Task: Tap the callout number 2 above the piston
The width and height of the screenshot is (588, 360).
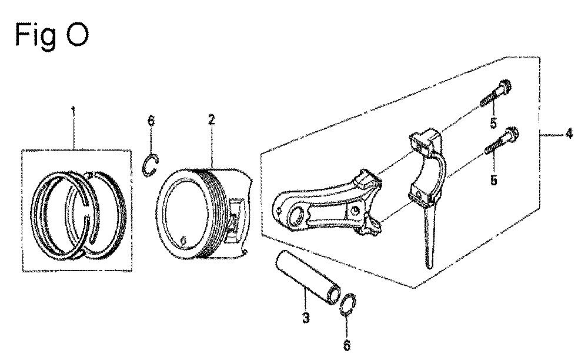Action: click(212, 120)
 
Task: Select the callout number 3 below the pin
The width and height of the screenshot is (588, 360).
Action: click(306, 318)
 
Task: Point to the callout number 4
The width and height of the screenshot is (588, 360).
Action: click(569, 134)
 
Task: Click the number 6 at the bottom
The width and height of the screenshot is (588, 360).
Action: click(347, 345)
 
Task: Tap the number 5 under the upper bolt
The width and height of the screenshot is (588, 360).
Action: click(493, 122)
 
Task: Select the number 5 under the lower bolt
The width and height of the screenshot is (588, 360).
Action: click(494, 180)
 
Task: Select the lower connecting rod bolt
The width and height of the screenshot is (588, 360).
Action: click(500, 141)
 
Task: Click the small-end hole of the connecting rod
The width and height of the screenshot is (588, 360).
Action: click(296, 215)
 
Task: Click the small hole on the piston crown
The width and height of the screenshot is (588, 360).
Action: click(183, 240)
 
